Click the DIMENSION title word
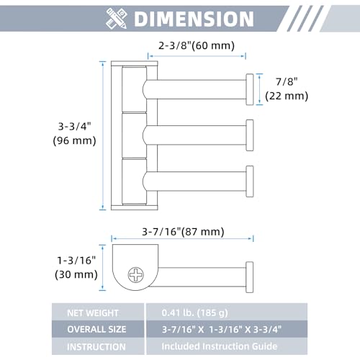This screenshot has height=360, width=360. click(x=194, y=19)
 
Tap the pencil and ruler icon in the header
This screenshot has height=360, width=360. click(x=117, y=19)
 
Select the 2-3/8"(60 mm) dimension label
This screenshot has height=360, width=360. click(x=197, y=45)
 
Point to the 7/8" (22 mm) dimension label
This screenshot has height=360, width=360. click(x=287, y=89)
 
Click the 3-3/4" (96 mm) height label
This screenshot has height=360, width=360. click(x=74, y=133)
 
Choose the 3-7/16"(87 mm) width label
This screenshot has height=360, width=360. click(x=183, y=232)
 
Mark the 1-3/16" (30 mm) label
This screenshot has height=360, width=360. click(x=76, y=267)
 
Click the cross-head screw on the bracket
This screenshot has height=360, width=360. click(x=136, y=274)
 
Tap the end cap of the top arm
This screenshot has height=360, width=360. click(x=250, y=89)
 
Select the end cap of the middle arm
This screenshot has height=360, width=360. click(x=250, y=135)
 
